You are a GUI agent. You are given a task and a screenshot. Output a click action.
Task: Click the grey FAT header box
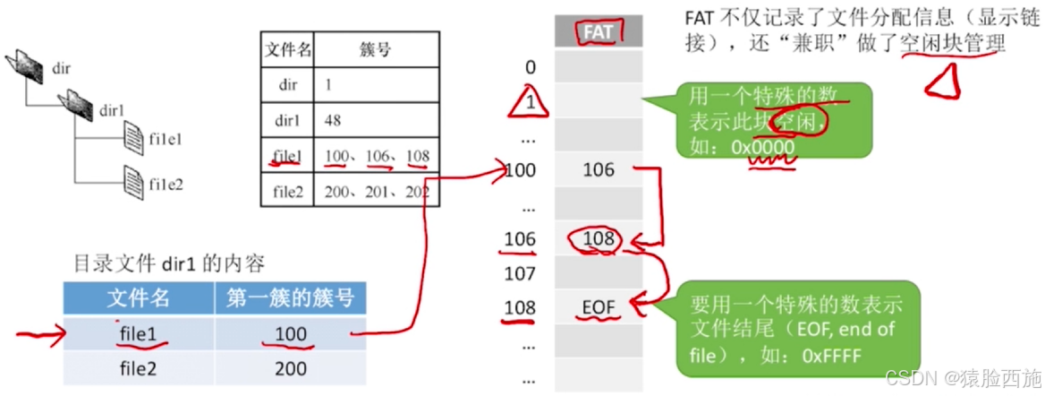pyautogui.click(x=599, y=32)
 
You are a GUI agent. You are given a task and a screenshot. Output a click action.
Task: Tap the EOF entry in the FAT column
pyautogui.click(x=599, y=308)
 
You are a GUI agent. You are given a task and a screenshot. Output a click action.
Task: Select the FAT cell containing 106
pyautogui.click(x=599, y=169)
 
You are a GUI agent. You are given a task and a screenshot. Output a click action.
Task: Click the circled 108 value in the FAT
pyautogui.click(x=599, y=239)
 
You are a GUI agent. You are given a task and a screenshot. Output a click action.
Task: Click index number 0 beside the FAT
pyautogui.click(x=531, y=66)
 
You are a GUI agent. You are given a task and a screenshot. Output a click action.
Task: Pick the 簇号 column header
pyautogui.click(x=376, y=49)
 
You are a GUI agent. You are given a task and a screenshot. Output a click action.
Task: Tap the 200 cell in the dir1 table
pyautogui.click(x=290, y=368)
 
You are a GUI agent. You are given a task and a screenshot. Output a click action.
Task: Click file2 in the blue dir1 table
pyautogui.click(x=138, y=368)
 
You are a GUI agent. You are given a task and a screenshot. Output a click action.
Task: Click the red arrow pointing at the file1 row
pyautogui.click(x=40, y=338)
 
